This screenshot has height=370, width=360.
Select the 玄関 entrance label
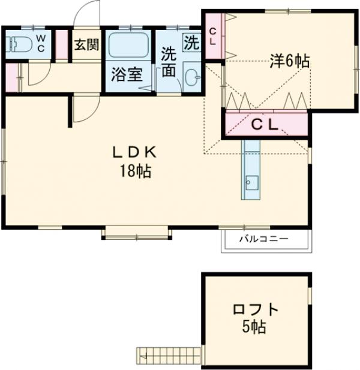click(x=86, y=44)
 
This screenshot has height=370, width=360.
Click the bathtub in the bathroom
click(x=128, y=46)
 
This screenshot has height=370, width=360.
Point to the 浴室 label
click(x=127, y=76)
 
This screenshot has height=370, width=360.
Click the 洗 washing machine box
click(x=191, y=43)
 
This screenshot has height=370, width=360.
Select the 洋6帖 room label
click(x=289, y=61)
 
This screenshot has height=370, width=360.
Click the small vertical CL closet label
click(x=213, y=37)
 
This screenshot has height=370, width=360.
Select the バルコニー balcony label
click(x=264, y=239)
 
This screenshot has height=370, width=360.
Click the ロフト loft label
click(x=256, y=310)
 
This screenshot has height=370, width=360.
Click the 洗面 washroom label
click(x=169, y=61)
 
